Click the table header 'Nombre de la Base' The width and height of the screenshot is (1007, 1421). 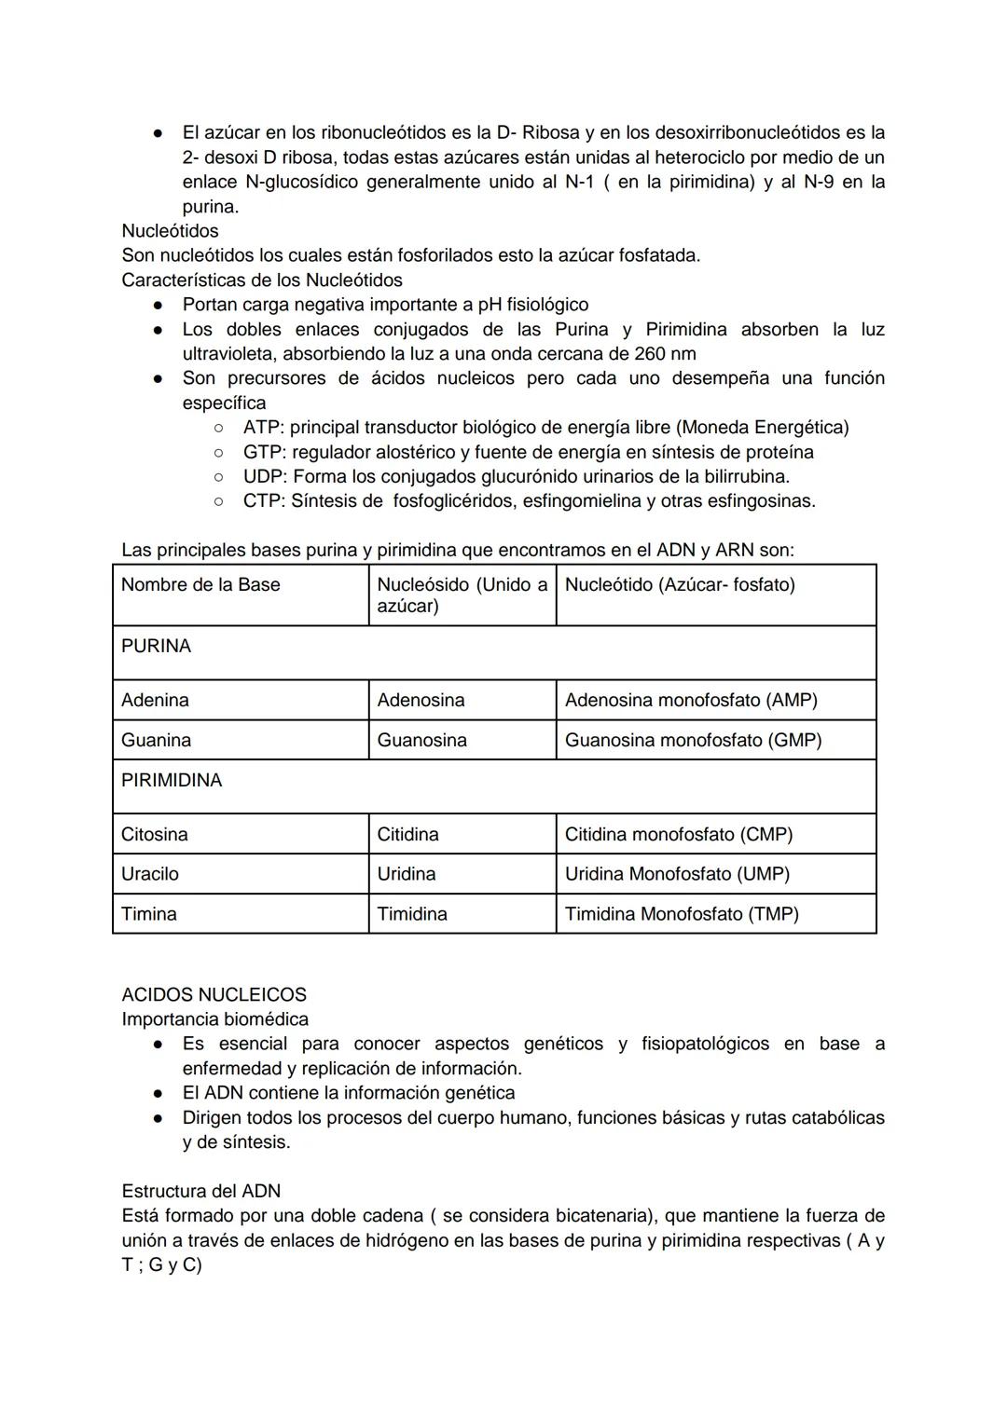click(x=200, y=585)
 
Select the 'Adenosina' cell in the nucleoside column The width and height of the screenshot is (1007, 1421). click(x=421, y=700)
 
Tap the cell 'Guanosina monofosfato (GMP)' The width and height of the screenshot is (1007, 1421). click(x=693, y=740)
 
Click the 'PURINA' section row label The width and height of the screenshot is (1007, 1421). click(x=156, y=646)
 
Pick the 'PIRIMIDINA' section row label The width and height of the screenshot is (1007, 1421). click(x=172, y=780)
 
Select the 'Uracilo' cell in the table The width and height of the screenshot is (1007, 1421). click(x=149, y=874)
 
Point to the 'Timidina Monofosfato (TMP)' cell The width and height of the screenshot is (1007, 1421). click(x=682, y=914)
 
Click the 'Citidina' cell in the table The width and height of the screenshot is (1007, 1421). click(x=407, y=834)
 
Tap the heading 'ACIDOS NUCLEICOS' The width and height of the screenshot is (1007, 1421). click(x=214, y=994)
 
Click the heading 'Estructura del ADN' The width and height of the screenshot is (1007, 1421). click(x=200, y=1191)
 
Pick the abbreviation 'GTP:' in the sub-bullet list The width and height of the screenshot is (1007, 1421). click(x=264, y=452)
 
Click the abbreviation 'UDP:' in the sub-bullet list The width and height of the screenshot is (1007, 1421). click(x=265, y=476)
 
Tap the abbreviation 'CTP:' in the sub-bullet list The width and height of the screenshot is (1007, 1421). click(x=264, y=501)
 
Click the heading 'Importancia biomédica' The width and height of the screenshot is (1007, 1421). click(x=214, y=1019)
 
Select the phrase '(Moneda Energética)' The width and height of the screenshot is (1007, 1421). click(x=763, y=428)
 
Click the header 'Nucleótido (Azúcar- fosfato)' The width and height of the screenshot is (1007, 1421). click(x=680, y=585)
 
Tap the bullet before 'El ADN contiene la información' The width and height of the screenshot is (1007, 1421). click(x=159, y=1093)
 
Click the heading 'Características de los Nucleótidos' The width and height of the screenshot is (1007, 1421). click(x=262, y=280)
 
